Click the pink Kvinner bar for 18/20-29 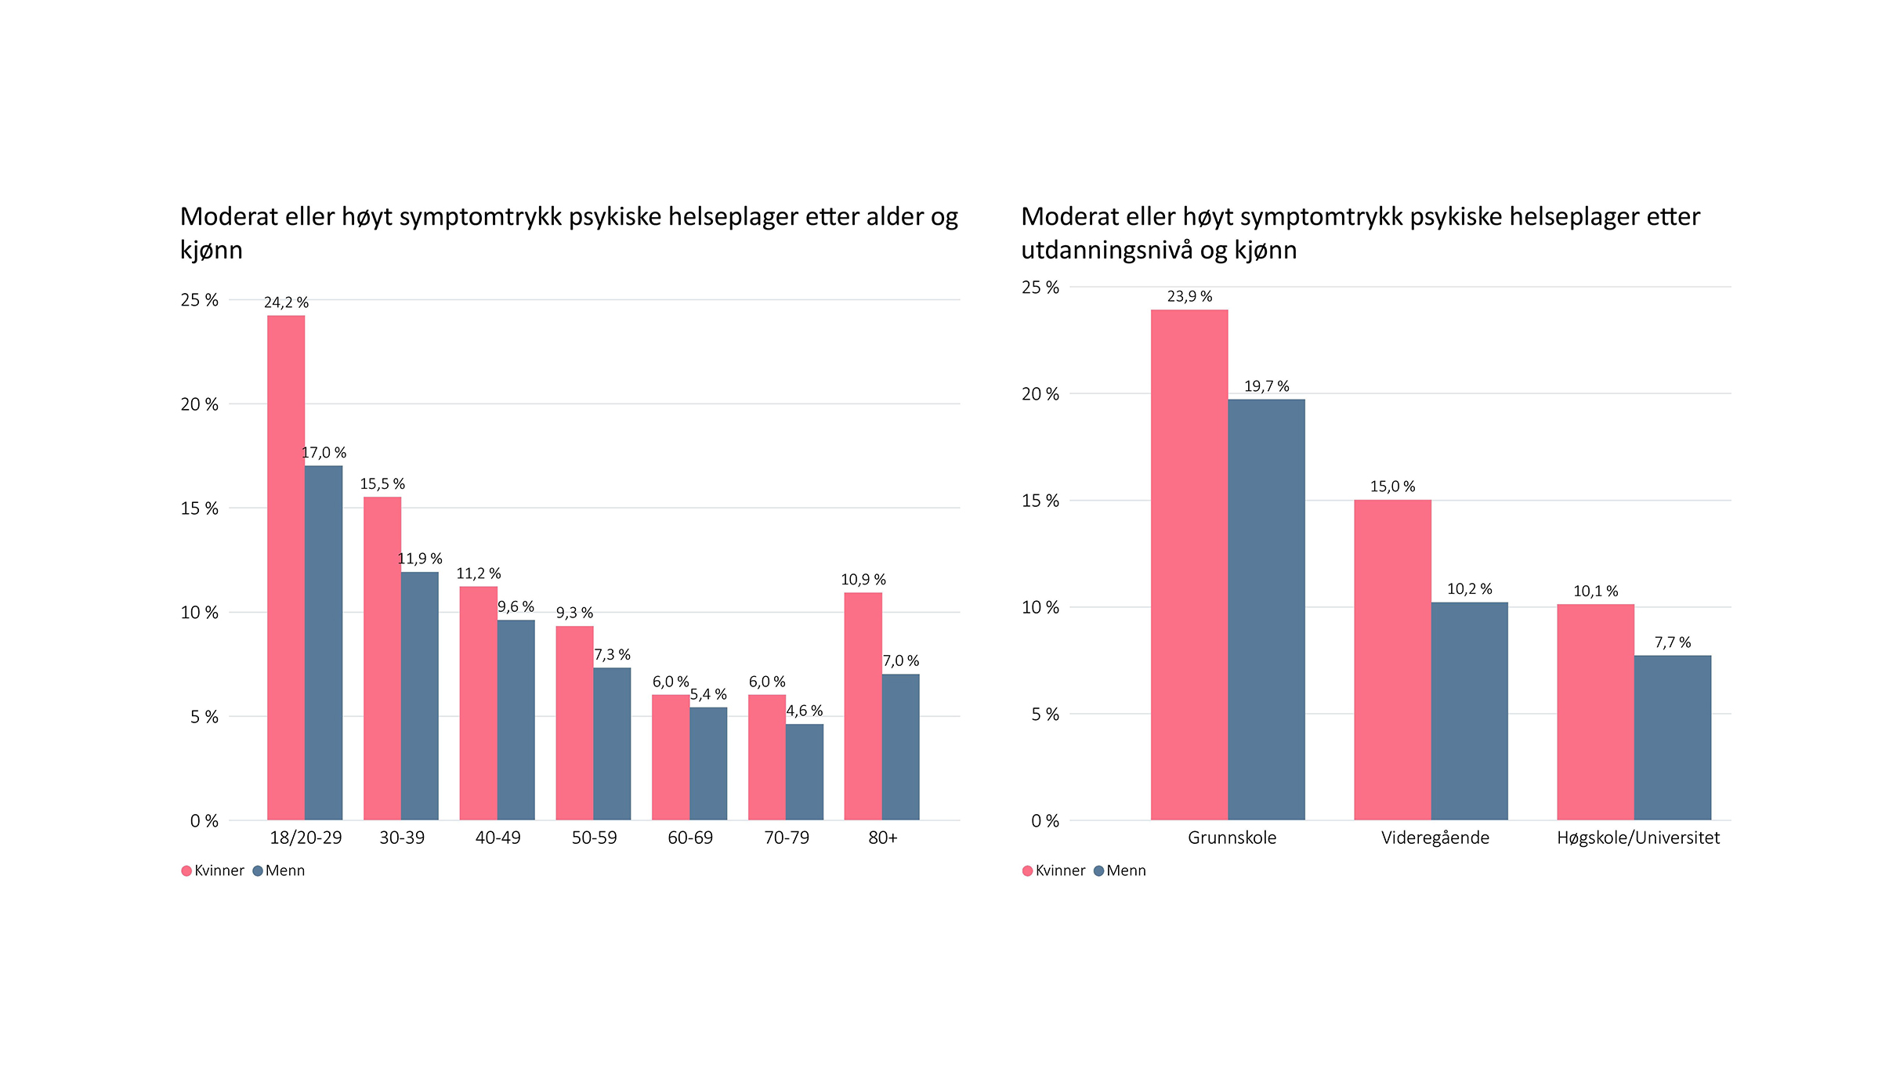(286, 568)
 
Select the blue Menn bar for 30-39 (420, 696)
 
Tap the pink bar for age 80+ (863, 706)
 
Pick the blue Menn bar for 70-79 (805, 772)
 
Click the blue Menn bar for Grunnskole (1266, 610)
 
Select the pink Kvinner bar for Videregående (1392, 660)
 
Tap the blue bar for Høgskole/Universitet (1673, 737)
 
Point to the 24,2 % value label (286, 302)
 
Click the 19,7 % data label (1266, 386)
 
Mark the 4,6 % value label (805, 711)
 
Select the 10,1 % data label (1595, 592)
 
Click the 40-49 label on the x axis (498, 838)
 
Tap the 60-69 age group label (690, 838)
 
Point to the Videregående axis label (1435, 838)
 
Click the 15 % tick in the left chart (199, 508)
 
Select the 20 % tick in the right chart (1040, 394)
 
